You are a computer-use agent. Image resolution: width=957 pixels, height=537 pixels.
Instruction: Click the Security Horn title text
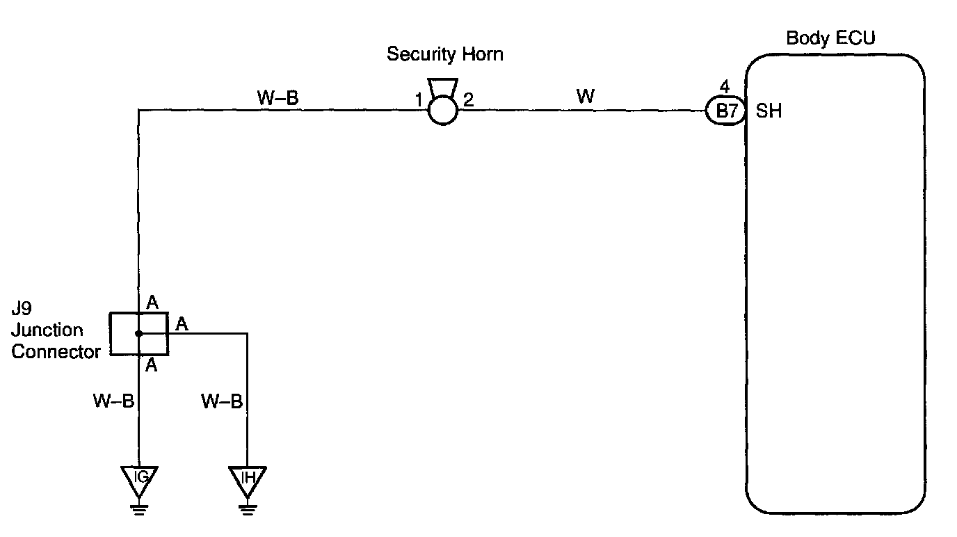click(x=444, y=54)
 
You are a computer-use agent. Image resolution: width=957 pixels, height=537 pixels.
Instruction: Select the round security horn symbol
click(x=443, y=110)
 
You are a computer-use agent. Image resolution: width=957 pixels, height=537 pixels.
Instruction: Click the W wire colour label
click(x=586, y=97)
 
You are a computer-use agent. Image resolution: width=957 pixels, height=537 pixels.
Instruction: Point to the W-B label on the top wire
click(x=278, y=98)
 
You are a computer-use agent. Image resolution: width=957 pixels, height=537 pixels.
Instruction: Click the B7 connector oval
click(x=725, y=111)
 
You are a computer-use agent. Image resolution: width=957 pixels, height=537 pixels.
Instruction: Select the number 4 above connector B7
click(x=725, y=88)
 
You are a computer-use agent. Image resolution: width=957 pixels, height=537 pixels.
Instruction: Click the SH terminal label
click(x=769, y=111)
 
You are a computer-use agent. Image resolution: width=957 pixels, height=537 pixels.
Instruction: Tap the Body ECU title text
click(x=830, y=38)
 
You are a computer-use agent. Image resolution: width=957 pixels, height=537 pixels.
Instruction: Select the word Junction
click(x=47, y=330)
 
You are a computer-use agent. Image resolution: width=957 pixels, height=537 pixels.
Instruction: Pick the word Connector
click(x=56, y=352)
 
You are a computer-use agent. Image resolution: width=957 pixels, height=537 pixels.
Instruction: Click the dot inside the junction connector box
click(x=139, y=334)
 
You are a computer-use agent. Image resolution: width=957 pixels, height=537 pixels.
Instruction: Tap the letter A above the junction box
click(x=152, y=303)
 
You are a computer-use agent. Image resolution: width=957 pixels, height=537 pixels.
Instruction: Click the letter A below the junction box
click(x=152, y=364)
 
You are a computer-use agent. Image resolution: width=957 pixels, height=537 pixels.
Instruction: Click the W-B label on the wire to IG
click(x=113, y=401)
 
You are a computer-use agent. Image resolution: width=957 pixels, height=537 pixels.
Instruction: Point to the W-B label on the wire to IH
click(x=222, y=401)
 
